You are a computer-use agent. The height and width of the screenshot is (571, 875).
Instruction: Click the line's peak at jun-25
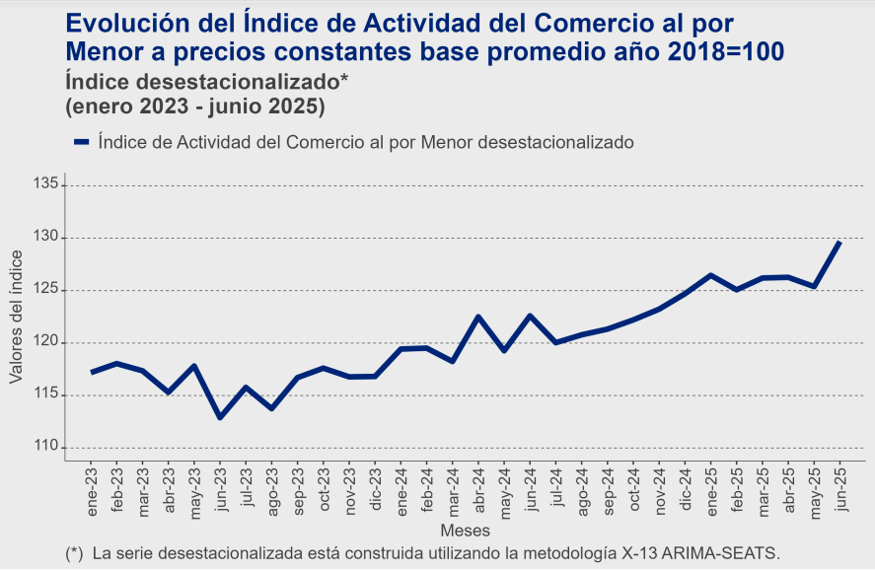coord(839,242)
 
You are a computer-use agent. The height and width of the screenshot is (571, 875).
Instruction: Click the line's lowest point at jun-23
coord(220,417)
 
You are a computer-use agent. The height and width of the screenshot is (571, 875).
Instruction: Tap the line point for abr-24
coord(478,317)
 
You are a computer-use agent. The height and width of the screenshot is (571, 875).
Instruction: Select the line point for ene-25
coord(710,275)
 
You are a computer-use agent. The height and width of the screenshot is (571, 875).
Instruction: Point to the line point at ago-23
coord(271,408)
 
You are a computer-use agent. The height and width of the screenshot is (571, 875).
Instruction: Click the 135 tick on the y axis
coord(45,184)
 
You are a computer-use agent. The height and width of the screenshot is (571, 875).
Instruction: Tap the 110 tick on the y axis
coord(45,447)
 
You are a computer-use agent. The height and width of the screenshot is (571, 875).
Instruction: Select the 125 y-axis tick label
coord(45,290)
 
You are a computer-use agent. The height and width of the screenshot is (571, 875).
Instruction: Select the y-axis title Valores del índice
coord(16,317)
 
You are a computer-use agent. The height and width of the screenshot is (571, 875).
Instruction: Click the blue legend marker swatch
coord(82,142)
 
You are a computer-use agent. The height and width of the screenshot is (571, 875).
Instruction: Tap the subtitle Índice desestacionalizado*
coord(207,80)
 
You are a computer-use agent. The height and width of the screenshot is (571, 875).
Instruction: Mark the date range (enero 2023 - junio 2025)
coord(195,104)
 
